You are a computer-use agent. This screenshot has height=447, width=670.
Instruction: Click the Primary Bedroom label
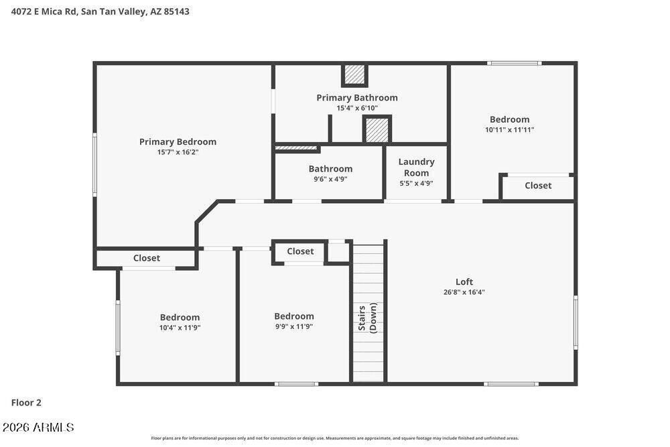coord(178,142)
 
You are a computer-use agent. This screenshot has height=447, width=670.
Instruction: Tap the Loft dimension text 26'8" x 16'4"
coord(464,292)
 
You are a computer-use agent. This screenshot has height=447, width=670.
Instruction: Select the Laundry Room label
coord(416,167)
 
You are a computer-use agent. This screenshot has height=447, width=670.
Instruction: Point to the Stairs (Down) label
coord(367,318)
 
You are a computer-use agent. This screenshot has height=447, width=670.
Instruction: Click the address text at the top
coord(100,11)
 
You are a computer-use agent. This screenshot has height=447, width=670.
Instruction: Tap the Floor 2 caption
coord(26,403)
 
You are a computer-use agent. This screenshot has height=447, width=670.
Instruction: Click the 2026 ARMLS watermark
coord(38,427)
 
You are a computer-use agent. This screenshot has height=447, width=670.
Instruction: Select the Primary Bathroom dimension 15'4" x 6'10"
coord(357,108)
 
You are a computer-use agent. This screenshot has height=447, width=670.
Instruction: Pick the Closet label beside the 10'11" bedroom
coord(538,186)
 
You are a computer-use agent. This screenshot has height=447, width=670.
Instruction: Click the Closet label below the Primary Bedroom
coord(147,258)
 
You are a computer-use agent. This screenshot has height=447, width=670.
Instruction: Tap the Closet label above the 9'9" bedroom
coord(300,251)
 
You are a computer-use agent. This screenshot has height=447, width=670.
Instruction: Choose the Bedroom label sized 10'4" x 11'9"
coord(180,318)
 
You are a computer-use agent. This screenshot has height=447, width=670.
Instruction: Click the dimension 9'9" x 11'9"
coord(294,326)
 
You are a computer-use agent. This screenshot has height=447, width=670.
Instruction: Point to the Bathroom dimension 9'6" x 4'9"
coord(330,179)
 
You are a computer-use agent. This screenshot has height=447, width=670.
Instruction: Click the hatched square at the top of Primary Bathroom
coord(354,75)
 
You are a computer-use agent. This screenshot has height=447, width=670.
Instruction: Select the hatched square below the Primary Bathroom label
coord(377,129)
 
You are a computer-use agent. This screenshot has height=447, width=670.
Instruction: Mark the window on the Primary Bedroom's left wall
coord(95,164)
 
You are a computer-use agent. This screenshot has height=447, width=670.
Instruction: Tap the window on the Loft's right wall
coord(576,322)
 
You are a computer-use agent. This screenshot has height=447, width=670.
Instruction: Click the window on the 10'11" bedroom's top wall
coord(515,63)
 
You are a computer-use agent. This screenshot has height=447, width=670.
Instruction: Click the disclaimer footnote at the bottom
coord(334,438)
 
